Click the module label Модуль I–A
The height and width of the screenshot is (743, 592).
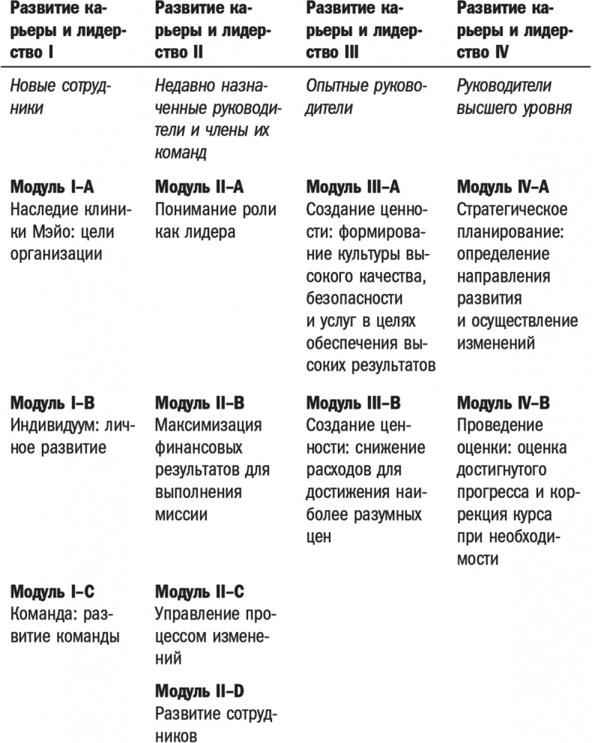pyautogui.click(x=52, y=187)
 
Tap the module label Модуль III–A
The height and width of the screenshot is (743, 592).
pyautogui.click(x=353, y=187)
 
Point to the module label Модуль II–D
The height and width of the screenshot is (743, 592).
pyautogui.click(x=199, y=691)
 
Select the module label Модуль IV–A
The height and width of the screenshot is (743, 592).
pyautogui.click(x=504, y=187)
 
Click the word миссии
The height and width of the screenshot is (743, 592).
pyautogui.click(x=181, y=516)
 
